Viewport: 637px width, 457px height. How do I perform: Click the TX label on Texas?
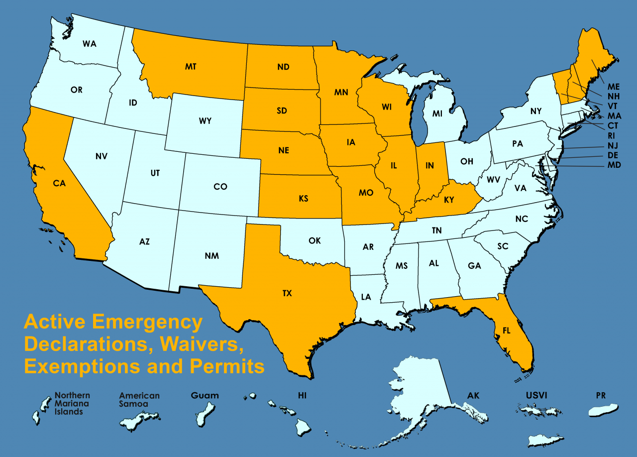287,293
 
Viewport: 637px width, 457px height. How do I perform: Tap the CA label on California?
59,183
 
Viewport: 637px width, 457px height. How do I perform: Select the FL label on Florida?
506,330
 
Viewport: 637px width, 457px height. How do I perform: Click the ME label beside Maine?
614,87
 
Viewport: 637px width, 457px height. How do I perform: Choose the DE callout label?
614,155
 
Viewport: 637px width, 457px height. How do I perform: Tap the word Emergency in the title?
148,322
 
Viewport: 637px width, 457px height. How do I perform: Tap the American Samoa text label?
139,400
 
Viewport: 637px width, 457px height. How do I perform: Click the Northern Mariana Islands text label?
72,403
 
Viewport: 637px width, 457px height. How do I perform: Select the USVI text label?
536,396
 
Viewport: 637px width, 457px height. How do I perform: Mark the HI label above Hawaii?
302,396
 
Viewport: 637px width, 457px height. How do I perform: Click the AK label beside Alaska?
473,396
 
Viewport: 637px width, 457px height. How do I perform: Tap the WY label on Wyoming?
205,121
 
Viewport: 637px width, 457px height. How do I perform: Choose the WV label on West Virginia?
493,179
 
